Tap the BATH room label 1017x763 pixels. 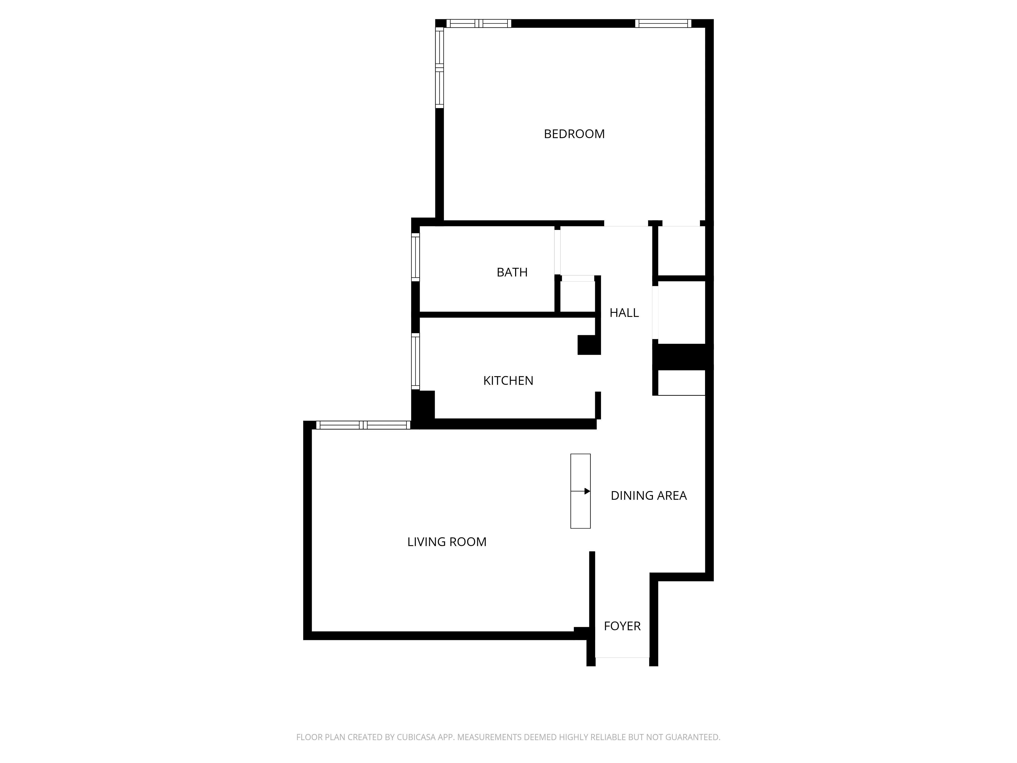point(512,272)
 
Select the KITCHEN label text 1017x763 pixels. point(508,381)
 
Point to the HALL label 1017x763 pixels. point(624,313)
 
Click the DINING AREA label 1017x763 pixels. point(648,495)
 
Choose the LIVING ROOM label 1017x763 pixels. point(446,542)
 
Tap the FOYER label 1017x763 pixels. point(622,626)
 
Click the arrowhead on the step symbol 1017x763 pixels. point(587,491)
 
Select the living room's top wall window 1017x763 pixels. point(363,425)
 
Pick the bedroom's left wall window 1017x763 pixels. point(440,68)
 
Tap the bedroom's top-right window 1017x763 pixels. point(663,23)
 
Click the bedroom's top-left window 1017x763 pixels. point(478,23)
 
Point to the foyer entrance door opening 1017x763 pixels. point(622,657)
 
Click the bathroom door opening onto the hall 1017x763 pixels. point(557,252)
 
